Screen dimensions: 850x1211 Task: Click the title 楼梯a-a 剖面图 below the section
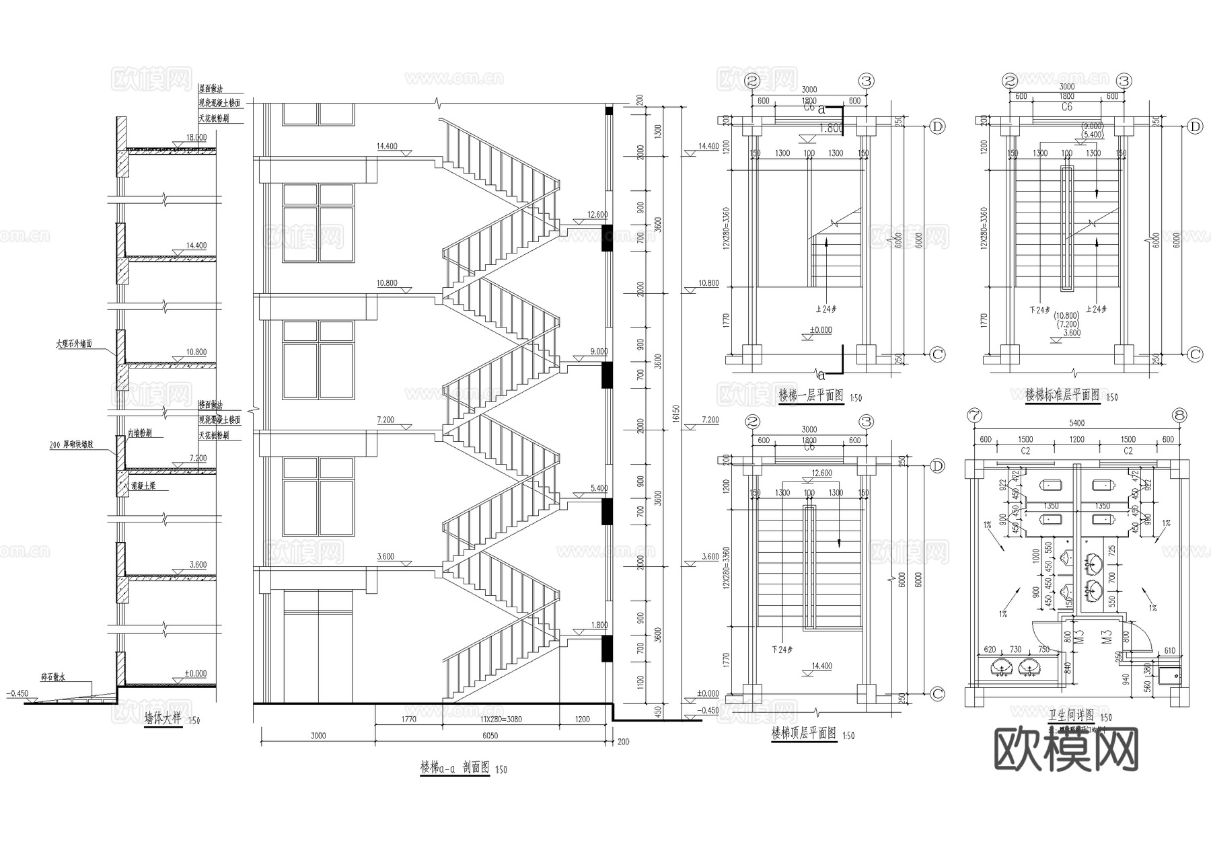point(455,767)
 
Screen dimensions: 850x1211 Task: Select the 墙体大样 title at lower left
point(163,718)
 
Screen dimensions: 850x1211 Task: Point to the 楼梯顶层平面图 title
point(803,734)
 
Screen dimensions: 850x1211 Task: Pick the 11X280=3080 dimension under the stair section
point(501,719)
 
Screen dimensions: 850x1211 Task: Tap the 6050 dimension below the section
point(490,736)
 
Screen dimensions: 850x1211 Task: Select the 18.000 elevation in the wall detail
point(196,137)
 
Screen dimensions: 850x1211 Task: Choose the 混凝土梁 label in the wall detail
point(143,486)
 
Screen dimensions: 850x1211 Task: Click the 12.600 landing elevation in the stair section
point(597,215)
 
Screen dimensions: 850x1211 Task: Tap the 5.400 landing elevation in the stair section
point(598,488)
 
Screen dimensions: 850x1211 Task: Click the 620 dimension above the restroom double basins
point(989,650)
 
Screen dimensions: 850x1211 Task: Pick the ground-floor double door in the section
point(317,648)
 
